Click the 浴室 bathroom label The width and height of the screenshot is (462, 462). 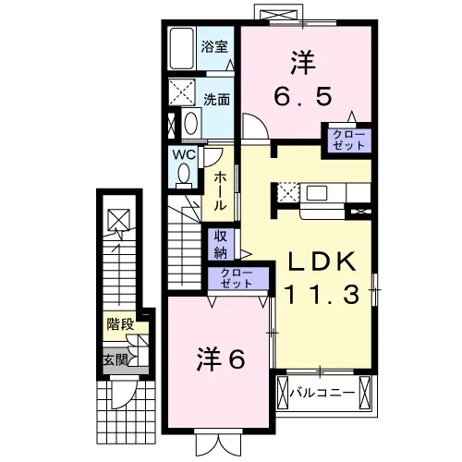[x=214, y=47]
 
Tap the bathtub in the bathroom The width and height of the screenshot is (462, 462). [x=182, y=49]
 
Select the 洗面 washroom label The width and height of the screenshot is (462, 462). [x=216, y=99]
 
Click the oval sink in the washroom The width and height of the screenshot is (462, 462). [x=191, y=123]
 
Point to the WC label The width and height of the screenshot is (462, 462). [x=184, y=154]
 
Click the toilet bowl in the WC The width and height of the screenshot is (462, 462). [x=184, y=175]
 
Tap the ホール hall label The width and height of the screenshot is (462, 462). [x=220, y=191]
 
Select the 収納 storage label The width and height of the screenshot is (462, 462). [x=221, y=244]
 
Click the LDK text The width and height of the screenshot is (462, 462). [x=322, y=262]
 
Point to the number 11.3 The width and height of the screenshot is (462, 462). [x=322, y=295]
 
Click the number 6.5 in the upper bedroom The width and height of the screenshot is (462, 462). [x=303, y=96]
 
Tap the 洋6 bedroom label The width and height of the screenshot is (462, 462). [x=221, y=359]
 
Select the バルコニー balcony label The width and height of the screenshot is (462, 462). [x=322, y=393]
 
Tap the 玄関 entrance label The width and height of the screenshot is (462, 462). [x=115, y=359]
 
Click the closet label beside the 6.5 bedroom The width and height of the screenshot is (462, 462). [x=349, y=140]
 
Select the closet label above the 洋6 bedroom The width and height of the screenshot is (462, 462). [x=237, y=278]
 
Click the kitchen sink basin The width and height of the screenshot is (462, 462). [x=316, y=193]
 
